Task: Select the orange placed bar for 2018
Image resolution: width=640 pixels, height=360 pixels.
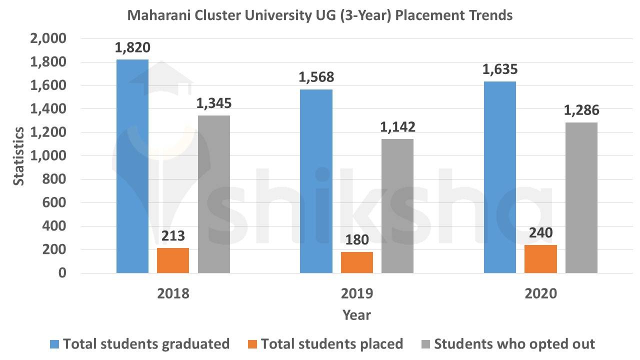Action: coord(173,260)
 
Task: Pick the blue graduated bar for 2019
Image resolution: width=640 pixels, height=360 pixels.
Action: coord(316,181)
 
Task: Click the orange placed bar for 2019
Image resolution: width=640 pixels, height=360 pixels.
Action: coord(357,262)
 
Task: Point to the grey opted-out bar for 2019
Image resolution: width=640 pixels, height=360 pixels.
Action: coord(397,206)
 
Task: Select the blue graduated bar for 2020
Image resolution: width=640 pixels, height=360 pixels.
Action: coord(500,177)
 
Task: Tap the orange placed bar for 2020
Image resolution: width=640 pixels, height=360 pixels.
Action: coord(540,259)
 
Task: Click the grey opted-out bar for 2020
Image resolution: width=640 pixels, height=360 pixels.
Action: coord(581,197)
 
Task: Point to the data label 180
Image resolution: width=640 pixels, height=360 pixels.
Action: coord(357,239)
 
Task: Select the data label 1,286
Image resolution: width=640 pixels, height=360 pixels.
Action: coord(581,110)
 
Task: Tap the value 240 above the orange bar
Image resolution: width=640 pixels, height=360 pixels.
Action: coord(540,232)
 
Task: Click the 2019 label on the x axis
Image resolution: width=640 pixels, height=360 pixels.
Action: coord(357,293)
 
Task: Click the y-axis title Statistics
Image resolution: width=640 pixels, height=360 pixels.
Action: coord(18,156)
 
